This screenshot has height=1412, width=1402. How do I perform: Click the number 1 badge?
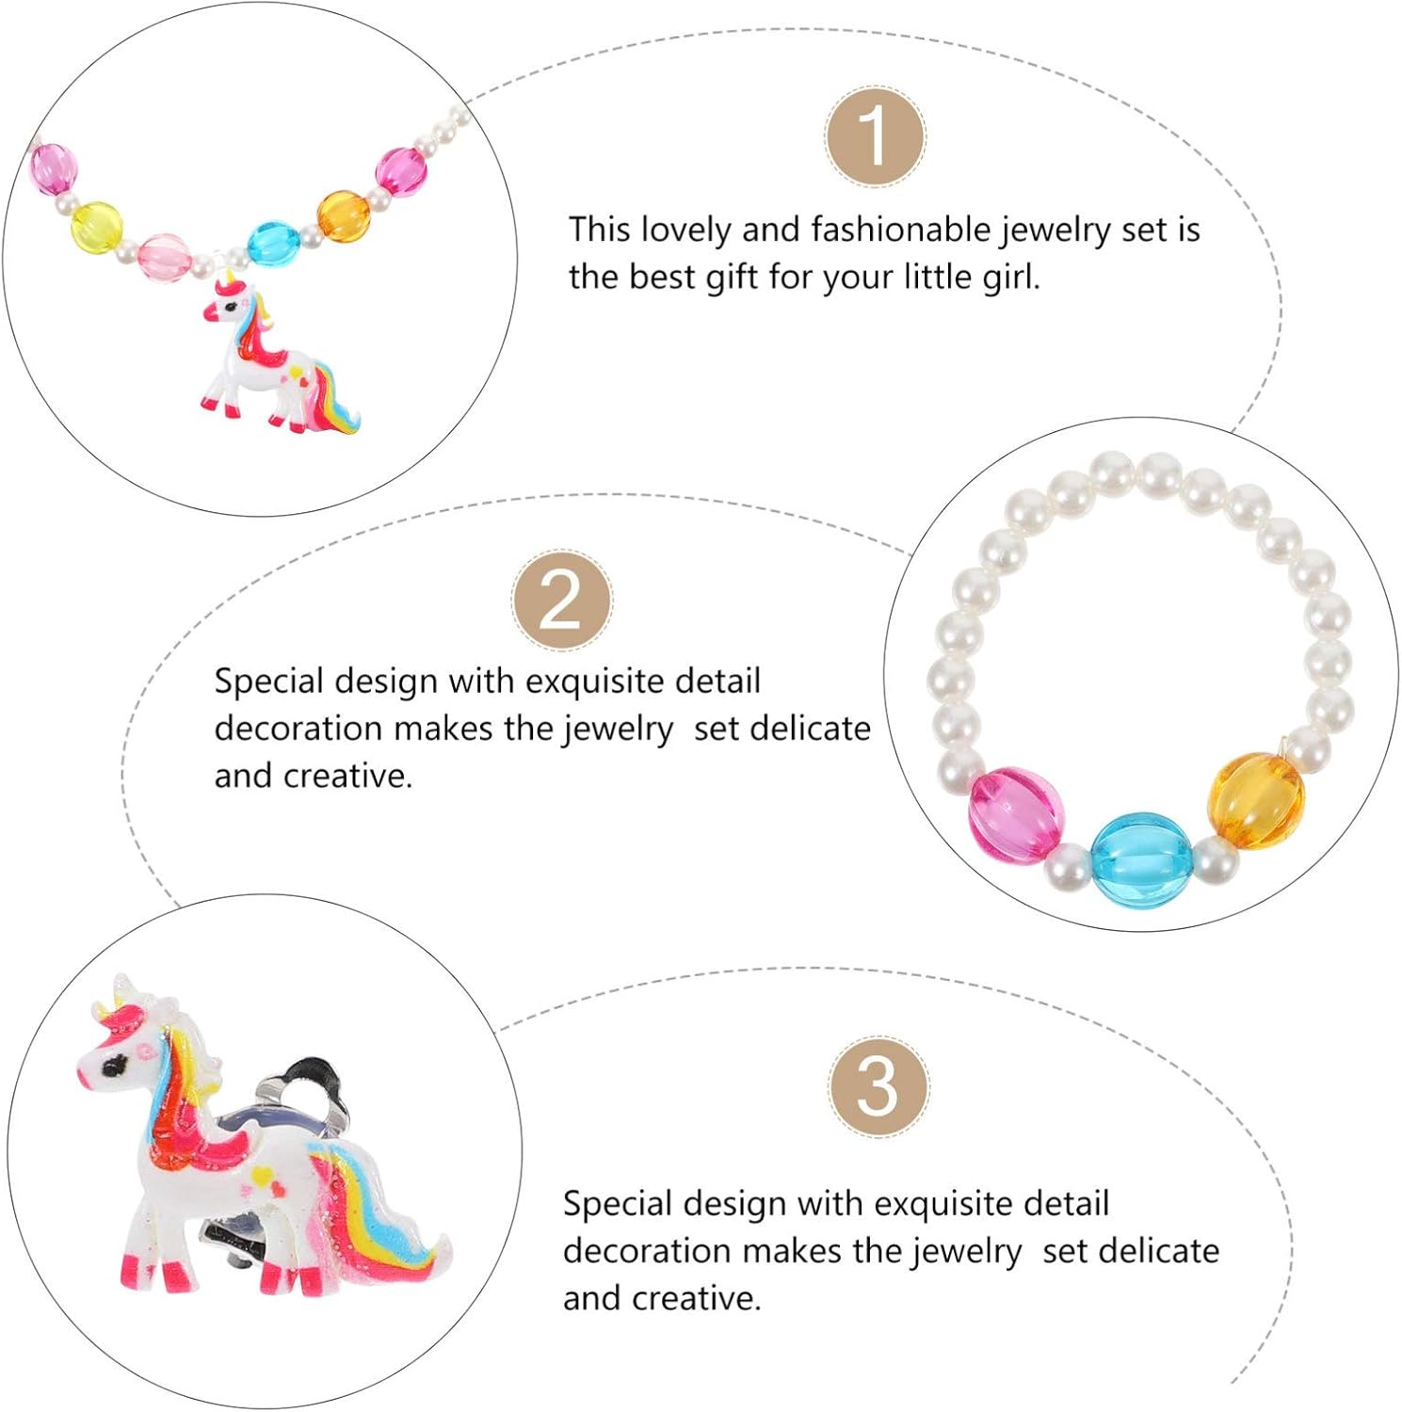click(x=875, y=136)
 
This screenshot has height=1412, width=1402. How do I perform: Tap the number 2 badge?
click(x=561, y=601)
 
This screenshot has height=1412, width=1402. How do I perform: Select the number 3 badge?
click(x=878, y=1086)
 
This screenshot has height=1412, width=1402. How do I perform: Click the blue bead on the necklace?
click(x=274, y=243)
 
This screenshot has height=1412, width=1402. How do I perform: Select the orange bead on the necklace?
click(x=342, y=216)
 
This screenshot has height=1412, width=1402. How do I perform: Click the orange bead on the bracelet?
click(x=1256, y=799)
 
